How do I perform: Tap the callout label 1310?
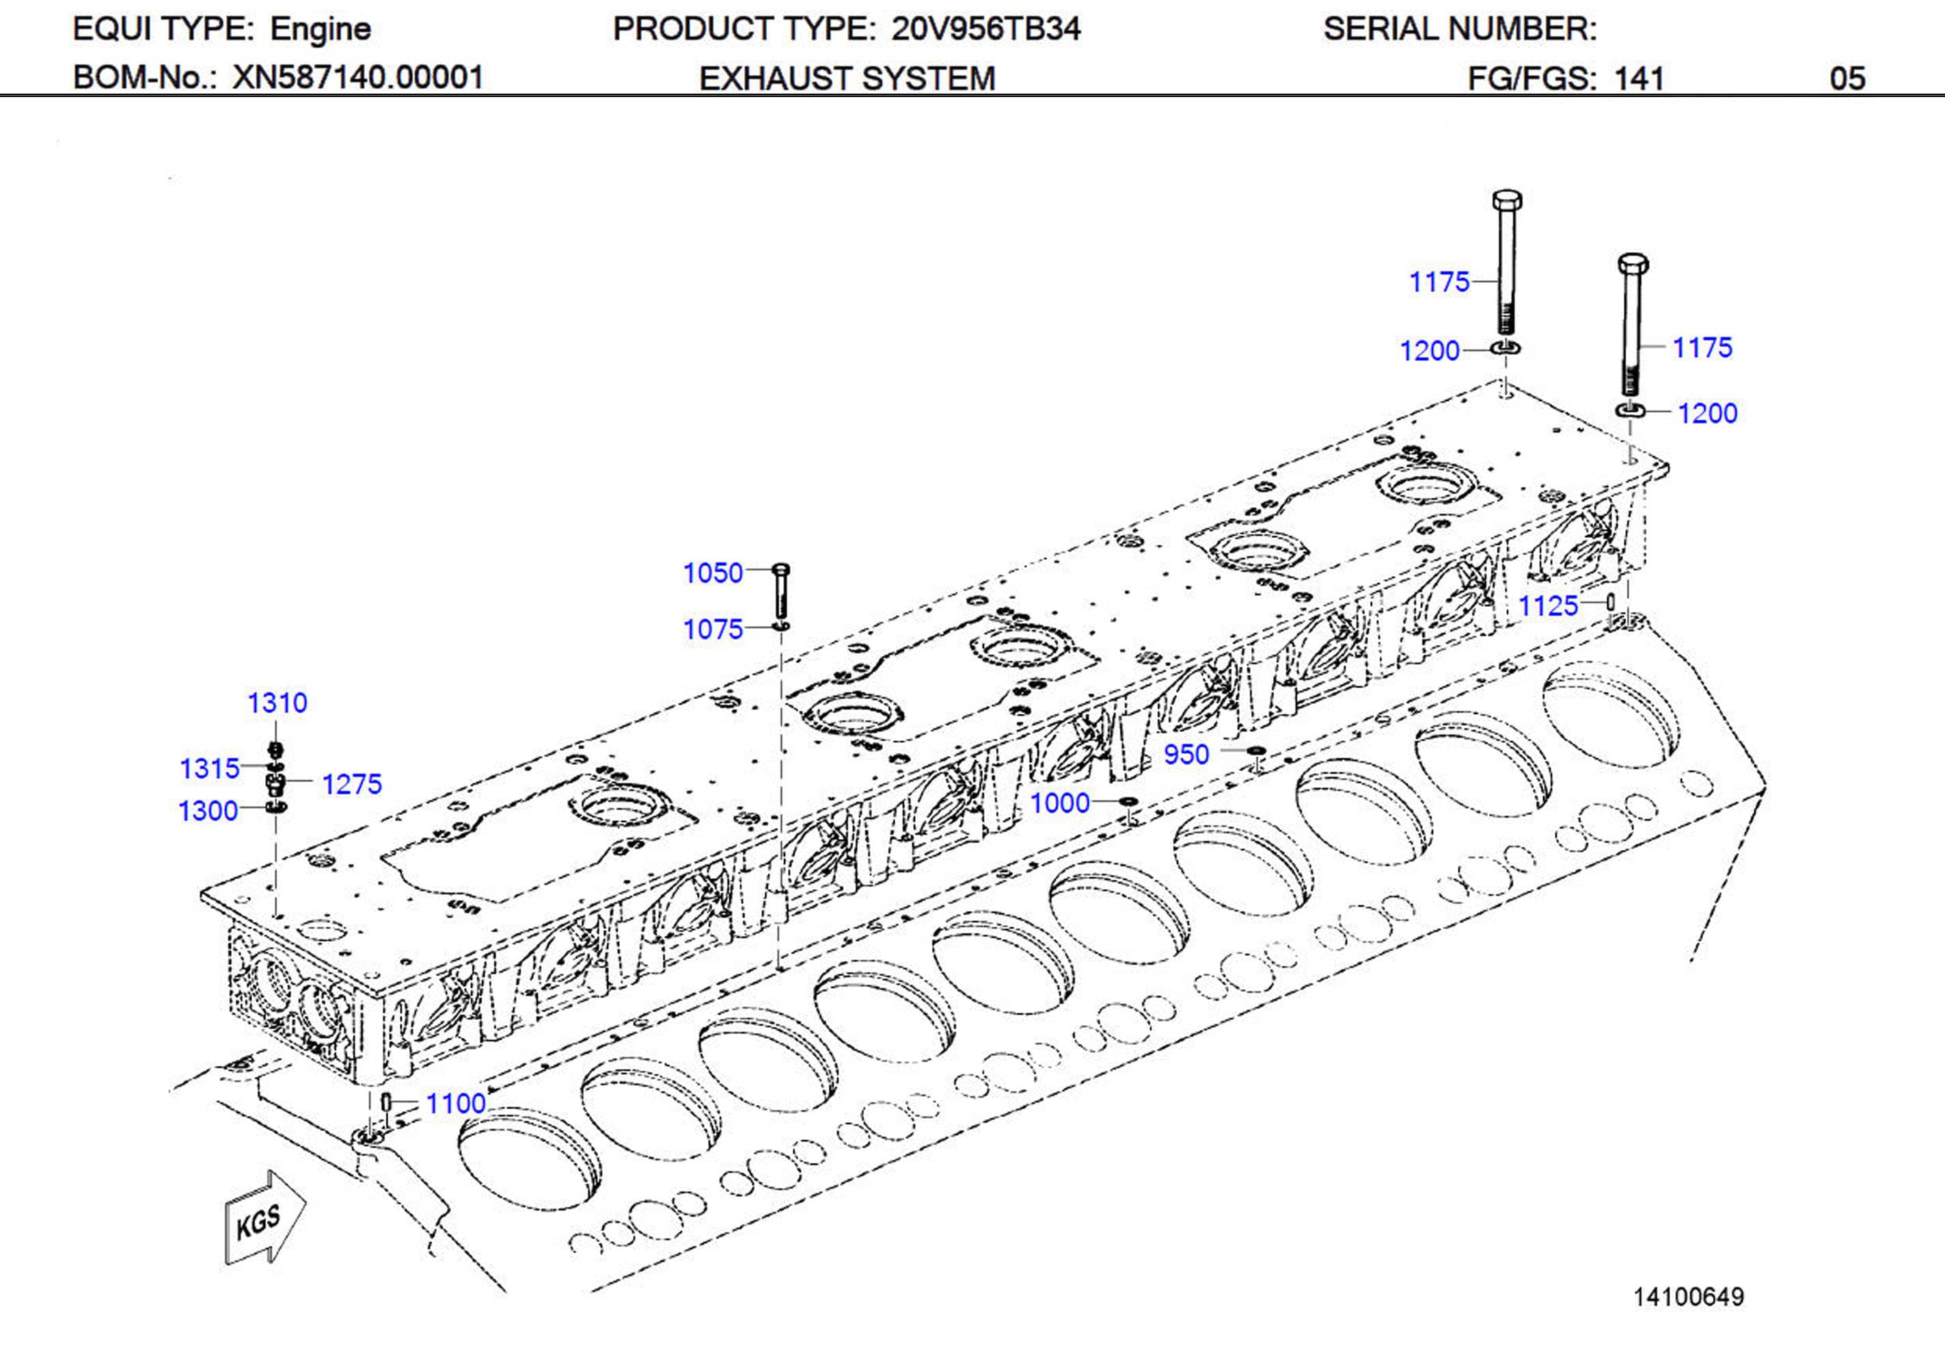click(277, 703)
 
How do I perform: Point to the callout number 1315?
click(209, 769)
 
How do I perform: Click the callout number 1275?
click(351, 784)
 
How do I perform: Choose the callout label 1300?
click(208, 811)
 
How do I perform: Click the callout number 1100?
click(456, 1103)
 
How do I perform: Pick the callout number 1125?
click(1549, 606)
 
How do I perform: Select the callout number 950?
click(1186, 754)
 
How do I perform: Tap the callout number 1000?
click(1060, 802)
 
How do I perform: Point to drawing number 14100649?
click(1688, 1296)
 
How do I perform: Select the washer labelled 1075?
click(781, 626)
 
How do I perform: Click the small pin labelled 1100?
click(385, 1102)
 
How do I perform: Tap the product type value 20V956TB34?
click(985, 29)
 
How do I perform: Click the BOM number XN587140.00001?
click(357, 78)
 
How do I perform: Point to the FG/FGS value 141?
click(1638, 79)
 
